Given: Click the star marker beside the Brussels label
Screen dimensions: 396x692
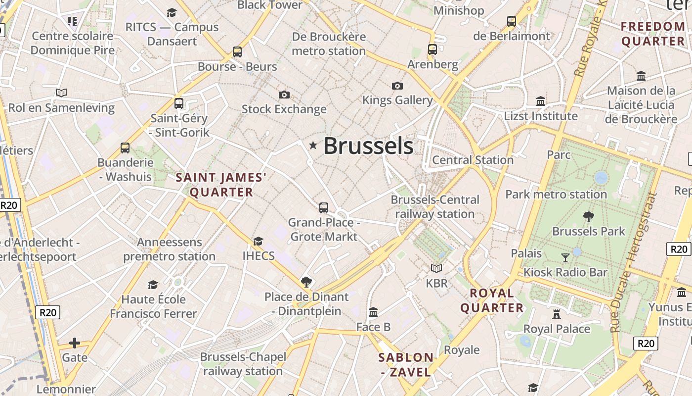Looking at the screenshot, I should click(x=312, y=145).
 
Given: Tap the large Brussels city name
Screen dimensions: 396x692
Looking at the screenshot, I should click(x=368, y=146).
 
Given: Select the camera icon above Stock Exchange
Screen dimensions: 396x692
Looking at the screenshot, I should click(x=284, y=95).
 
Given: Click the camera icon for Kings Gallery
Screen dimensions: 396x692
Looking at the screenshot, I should click(x=397, y=86).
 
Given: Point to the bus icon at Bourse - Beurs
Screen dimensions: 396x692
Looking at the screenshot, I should click(x=237, y=51).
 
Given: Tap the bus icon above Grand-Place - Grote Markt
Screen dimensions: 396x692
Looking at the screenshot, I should click(x=324, y=208).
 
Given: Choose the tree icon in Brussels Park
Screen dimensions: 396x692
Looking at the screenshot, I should click(x=588, y=216).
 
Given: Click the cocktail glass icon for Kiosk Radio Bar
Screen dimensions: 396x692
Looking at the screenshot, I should click(x=565, y=257).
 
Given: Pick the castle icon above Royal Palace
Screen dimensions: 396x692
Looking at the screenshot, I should click(x=557, y=314).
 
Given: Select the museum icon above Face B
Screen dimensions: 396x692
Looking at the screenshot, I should click(x=373, y=312).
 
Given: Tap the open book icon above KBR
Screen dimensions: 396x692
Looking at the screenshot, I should click(x=436, y=268).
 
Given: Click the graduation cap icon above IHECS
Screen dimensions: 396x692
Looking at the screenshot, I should click(x=258, y=241).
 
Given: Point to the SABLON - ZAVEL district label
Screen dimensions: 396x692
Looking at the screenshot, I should click(x=406, y=364).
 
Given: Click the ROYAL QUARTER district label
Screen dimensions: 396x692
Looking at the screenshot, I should click(x=492, y=300).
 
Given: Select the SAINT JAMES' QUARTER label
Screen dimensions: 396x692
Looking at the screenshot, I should click(x=221, y=185).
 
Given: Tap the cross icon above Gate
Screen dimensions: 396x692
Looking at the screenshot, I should click(x=75, y=343).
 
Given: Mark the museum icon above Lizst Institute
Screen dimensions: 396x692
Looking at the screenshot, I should click(x=541, y=101).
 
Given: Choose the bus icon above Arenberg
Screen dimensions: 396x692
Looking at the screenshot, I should click(x=432, y=49).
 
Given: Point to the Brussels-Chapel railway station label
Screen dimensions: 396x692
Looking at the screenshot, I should click(x=243, y=364).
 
